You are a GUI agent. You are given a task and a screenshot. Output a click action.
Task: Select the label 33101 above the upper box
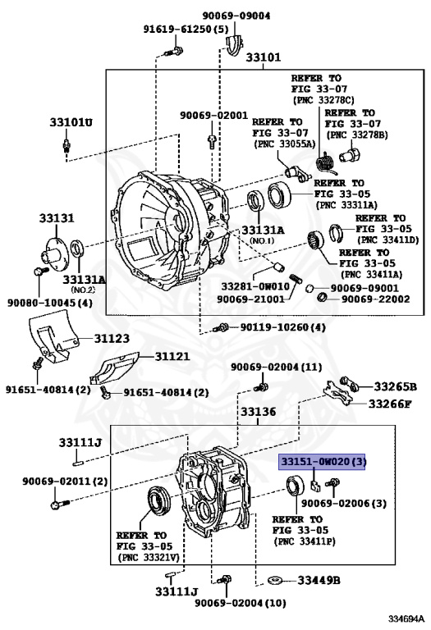click(x=264, y=57)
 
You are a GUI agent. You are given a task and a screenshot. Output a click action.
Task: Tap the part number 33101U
click(x=71, y=121)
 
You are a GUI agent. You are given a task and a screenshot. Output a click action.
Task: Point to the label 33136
click(x=258, y=412)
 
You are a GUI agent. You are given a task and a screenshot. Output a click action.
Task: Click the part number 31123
click(x=112, y=338)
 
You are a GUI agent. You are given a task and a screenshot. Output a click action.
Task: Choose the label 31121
click(x=172, y=356)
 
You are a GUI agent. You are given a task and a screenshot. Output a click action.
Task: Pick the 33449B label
click(x=319, y=580)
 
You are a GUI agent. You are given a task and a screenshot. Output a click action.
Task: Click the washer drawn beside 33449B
click(x=275, y=580)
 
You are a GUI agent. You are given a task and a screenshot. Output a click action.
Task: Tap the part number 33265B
click(x=395, y=386)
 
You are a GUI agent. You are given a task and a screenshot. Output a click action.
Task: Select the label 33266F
click(x=390, y=404)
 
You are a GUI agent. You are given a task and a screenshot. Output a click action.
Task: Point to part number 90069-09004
click(x=236, y=16)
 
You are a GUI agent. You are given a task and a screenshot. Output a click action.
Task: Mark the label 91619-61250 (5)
click(x=186, y=29)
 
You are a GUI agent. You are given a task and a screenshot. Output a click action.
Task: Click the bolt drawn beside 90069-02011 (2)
click(x=60, y=504)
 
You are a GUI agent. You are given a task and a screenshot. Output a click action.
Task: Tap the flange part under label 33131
click(x=54, y=251)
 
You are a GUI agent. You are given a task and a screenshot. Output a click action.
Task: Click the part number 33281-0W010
click(x=255, y=286)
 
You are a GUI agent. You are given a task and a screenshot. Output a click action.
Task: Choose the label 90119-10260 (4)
click(x=282, y=327)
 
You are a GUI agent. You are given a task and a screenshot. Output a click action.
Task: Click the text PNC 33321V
click(x=148, y=557)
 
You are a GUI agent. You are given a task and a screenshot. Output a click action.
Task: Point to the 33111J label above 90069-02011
click(x=80, y=442)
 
